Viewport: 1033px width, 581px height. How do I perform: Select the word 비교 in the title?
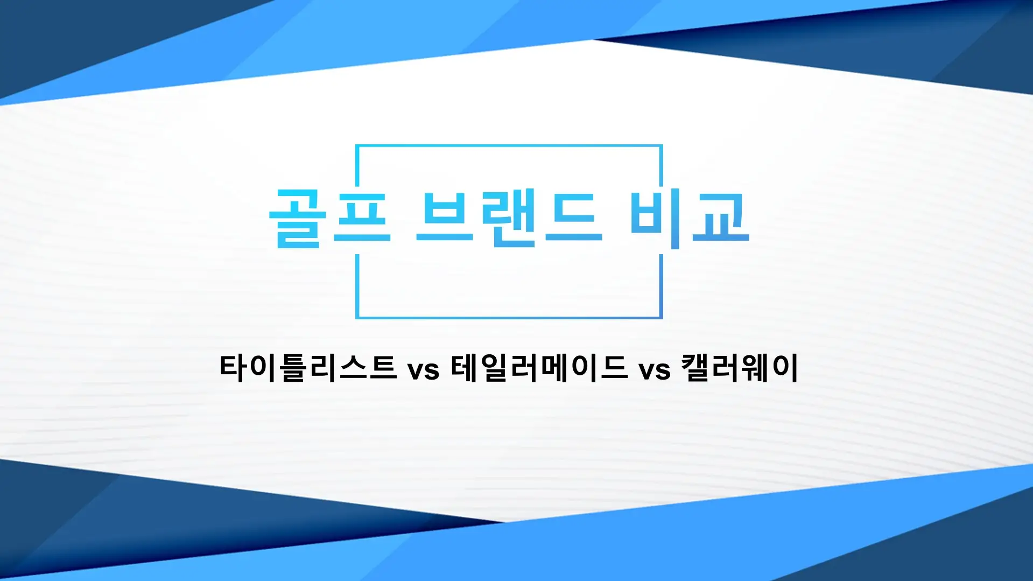tap(689, 218)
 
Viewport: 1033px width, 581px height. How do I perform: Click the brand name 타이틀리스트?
tap(308, 368)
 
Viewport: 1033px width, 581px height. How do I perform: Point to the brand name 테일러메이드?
tap(539, 368)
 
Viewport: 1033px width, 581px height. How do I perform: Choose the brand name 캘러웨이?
tap(739, 368)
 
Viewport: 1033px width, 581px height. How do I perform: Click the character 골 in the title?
tap(298, 218)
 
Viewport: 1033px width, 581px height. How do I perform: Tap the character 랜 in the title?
tap(508, 218)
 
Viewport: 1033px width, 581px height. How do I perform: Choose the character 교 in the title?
tap(721, 218)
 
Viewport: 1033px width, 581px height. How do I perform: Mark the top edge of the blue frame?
tap(509, 145)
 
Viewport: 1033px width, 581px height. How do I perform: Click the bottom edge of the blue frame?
tap(509, 318)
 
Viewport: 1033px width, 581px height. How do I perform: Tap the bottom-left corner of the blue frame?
tap(357, 318)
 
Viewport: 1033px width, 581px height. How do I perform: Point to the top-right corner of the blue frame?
tap(661, 146)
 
